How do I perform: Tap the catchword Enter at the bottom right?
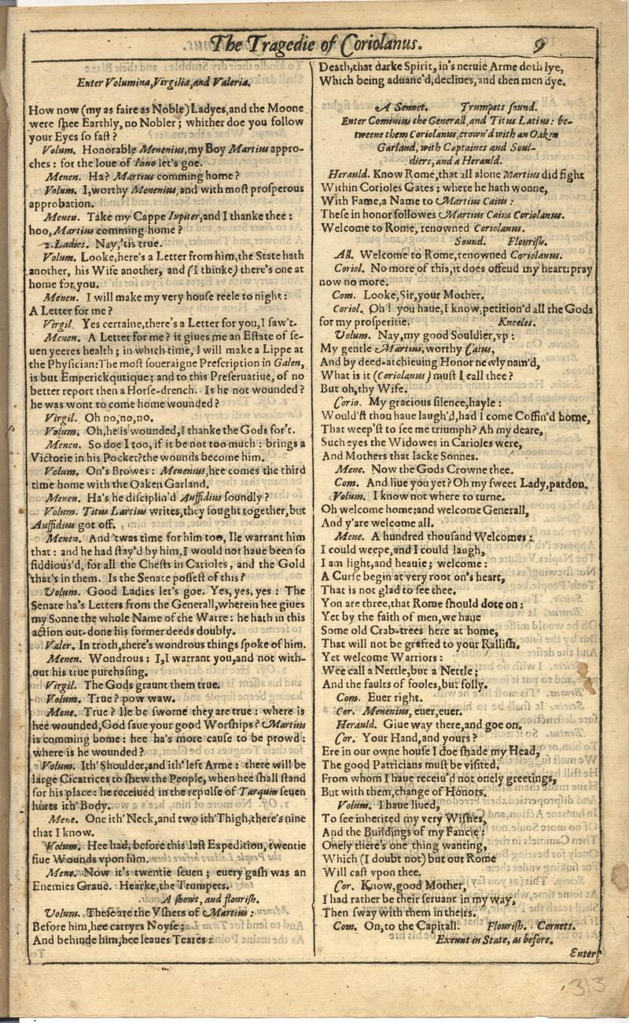pyautogui.click(x=583, y=951)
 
